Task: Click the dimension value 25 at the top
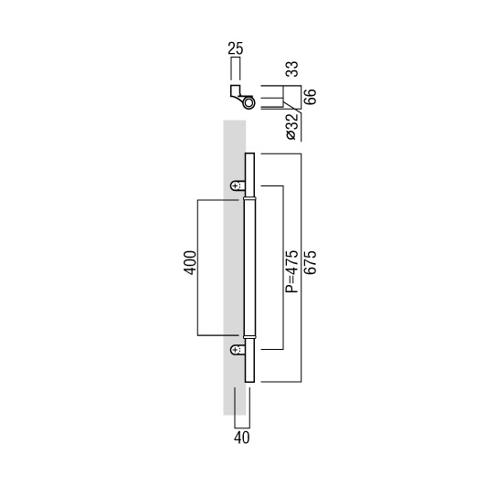pyautogui.click(x=236, y=48)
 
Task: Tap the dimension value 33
pyautogui.click(x=292, y=69)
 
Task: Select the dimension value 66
pyautogui.click(x=310, y=97)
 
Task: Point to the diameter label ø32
pyautogui.click(x=292, y=126)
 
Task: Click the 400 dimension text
pyautogui.click(x=190, y=263)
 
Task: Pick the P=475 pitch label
pyautogui.click(x=292, y=271)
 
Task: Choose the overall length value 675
pyautogui.click(x=310, y=262)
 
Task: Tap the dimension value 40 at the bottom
pyautogui.click(x=242, y=438)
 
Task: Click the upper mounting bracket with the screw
pyautogui.click(x=238, y=185)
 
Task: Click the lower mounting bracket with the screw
pyautogui.click(x=238, y=350)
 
